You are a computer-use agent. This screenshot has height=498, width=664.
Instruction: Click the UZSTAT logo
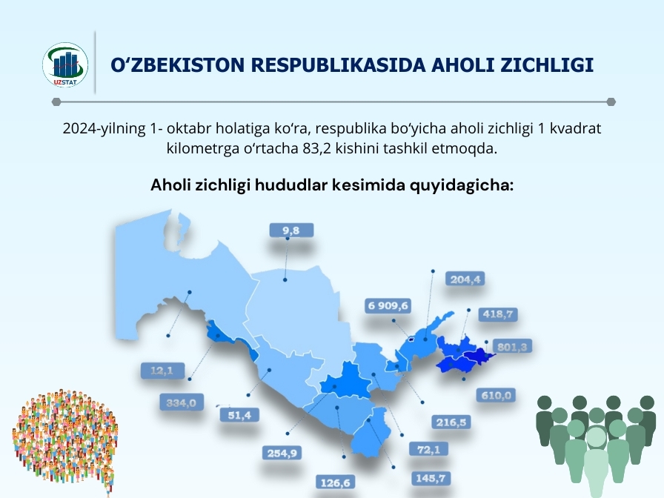click(x=65, y=64)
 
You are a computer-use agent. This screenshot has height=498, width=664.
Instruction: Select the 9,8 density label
click(x=291, y=230)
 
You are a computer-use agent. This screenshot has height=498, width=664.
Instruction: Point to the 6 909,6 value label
click(x=388, y=306)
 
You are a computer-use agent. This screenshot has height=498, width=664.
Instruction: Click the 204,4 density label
click(x=465, y=279)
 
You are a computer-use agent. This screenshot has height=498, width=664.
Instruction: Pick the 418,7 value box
click(x=497, y=314)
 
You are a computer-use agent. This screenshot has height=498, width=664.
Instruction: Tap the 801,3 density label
click(x=512, y=348)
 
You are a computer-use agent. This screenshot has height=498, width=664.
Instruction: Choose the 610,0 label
click(x=496, y=396)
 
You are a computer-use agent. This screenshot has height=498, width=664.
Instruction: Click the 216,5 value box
click(x=451, y=422)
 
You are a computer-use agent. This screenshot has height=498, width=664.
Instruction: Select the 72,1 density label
click(x=428, y=449)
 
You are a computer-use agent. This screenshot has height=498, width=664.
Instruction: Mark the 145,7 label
click(x=431, y=478)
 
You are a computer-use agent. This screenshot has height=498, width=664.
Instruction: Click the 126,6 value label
click(x=336, y=482)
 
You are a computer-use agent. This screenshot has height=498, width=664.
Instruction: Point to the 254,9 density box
click(x=282, y=453)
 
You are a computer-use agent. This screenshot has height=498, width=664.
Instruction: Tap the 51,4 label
click(x=239, y=415)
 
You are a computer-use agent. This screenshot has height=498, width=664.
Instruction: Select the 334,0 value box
click(x=182, y=402)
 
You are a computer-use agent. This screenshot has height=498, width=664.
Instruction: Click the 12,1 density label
click(x=162, y=371)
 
